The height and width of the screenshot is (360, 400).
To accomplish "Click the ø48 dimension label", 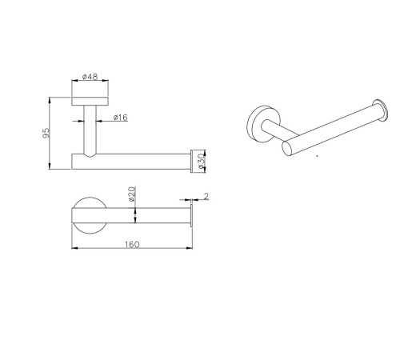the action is (90, 77).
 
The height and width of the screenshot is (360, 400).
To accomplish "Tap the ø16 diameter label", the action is (121, 118).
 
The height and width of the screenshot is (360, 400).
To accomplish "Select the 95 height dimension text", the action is (46, 133).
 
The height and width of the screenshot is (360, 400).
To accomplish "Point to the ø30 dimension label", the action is (201, 161).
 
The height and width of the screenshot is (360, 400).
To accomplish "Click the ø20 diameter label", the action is (132, 194).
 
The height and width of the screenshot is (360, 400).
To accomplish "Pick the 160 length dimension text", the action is (132, 244).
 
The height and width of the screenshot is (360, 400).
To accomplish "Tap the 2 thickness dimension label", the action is (206, 196).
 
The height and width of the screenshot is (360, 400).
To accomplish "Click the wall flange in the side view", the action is (90, 102).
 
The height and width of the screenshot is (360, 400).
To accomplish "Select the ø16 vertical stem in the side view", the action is (90, 130).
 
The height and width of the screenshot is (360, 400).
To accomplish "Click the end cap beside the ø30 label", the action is (191, 161).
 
